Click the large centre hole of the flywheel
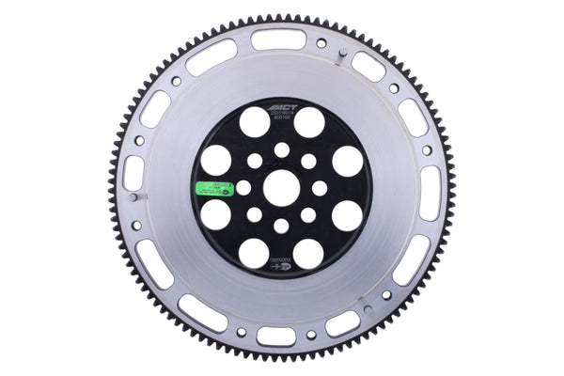[281, 187]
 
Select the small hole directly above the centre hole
[281, 149]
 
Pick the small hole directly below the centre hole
[281, 226]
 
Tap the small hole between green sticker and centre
[243, 188]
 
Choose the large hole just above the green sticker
[216, 160]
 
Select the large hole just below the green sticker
[216, 215]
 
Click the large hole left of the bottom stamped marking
[254, 253]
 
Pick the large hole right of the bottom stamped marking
[309, 253]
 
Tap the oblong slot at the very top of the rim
[279, 39]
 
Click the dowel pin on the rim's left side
[135, 197]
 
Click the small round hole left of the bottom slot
[241, 332]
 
